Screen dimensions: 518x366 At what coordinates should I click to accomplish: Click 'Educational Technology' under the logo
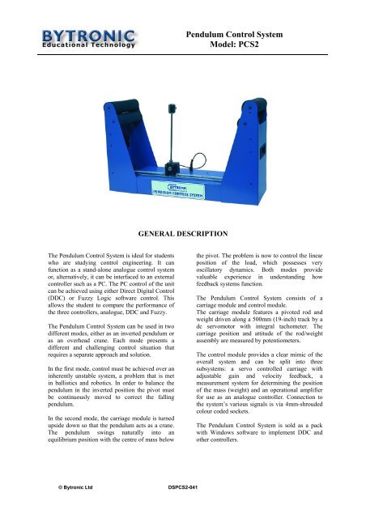coord(80,45)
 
